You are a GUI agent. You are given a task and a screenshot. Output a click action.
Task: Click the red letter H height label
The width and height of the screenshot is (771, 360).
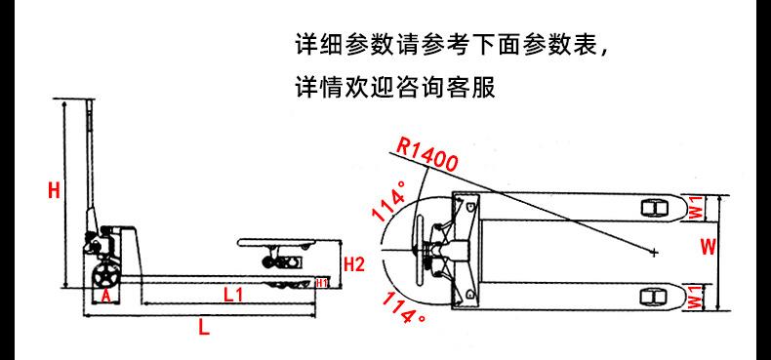[x=55, y=191]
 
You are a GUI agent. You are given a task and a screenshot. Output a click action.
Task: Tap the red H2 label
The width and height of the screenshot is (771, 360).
[x=355, y=262]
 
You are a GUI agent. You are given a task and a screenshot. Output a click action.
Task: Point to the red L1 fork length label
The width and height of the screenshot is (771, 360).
[x=232, y=294]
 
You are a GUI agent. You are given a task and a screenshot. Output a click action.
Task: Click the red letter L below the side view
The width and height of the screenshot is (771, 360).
[x=203, y=328]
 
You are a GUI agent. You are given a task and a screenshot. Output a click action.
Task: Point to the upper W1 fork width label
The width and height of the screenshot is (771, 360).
[x=694, y=206]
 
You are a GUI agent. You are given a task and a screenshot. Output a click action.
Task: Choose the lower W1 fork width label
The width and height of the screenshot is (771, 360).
[x=694, y=296]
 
